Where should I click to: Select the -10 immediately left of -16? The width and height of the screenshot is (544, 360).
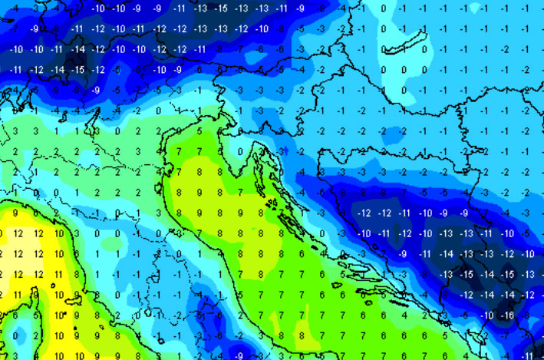[x=487, y=315]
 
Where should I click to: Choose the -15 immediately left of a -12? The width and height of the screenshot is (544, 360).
[x=79, y=70]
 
